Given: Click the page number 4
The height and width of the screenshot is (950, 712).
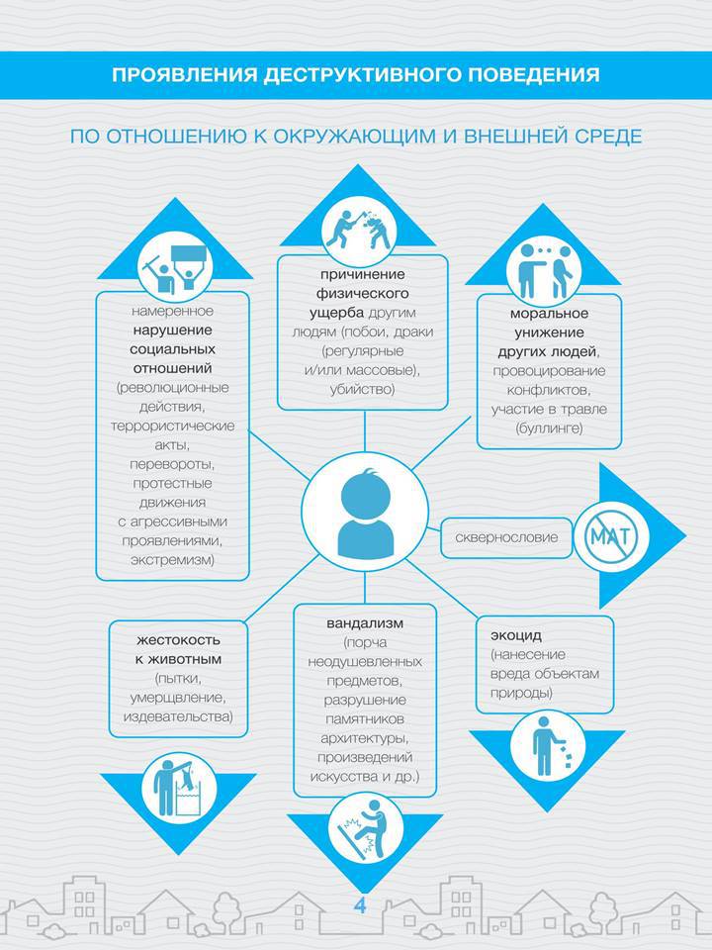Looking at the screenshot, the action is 360,905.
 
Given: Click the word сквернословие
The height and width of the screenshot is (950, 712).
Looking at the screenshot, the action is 506,537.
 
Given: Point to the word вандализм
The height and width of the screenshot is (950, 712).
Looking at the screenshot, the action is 365,622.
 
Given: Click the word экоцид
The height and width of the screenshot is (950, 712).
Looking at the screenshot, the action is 516,635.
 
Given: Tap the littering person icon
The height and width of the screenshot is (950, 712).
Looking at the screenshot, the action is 547,747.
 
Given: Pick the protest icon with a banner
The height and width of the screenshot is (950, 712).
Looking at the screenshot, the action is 175,266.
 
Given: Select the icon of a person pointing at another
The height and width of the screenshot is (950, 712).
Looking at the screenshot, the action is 544,270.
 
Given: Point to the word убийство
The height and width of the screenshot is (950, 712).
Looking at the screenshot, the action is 362,389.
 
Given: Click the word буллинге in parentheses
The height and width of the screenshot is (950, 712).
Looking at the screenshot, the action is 549,428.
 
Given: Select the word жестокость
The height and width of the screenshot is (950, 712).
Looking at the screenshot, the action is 178,640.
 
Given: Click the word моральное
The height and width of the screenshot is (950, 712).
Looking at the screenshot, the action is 549,314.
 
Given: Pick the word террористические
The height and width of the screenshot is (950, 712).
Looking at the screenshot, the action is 172,426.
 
